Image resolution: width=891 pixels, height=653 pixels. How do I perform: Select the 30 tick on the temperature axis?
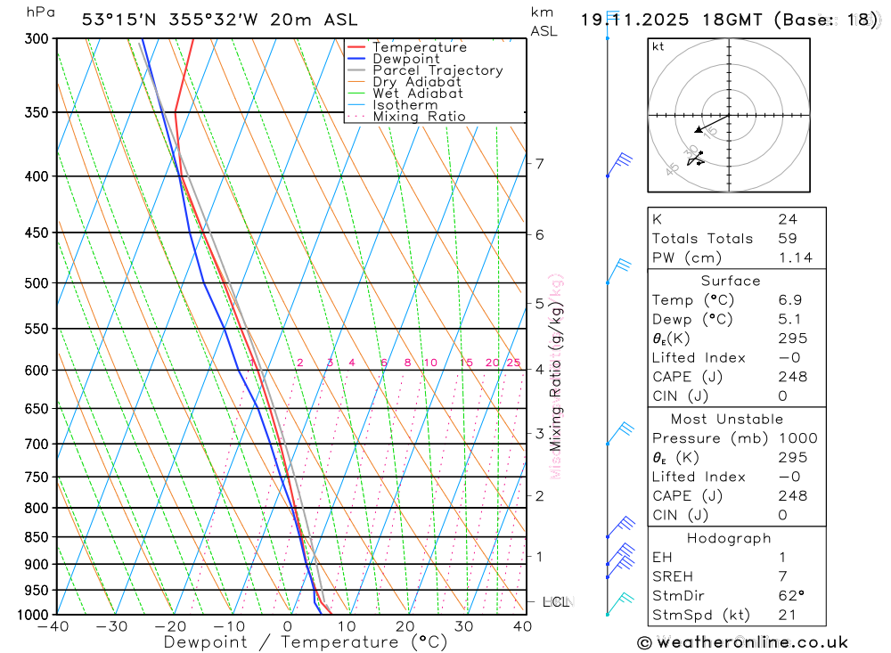click(x=463, y=626)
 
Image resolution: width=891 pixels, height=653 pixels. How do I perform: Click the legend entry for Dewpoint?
click(x=405, y=59)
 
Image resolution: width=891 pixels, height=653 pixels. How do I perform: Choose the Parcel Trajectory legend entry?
click(x=437, y=70)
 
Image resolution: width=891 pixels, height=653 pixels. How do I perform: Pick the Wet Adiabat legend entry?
click(x=418, y=94)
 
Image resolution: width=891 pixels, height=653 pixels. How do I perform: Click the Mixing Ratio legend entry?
click(x=419, y=117)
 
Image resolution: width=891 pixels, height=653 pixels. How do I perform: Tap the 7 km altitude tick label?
click(x=539, y=163)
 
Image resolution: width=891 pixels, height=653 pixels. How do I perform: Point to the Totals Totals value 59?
click(x=787, y=239)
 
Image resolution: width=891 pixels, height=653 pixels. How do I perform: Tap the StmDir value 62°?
click(x=790, y=596)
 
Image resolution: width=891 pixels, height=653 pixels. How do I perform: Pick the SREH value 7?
click(x=781, y=576)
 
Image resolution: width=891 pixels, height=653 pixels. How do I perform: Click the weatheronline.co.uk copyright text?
click(x=742, y=642)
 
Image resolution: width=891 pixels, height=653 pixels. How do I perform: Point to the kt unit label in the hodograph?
click(x=658, y=47)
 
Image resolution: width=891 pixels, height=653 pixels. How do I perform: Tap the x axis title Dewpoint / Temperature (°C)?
click(x=306, y=641)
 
